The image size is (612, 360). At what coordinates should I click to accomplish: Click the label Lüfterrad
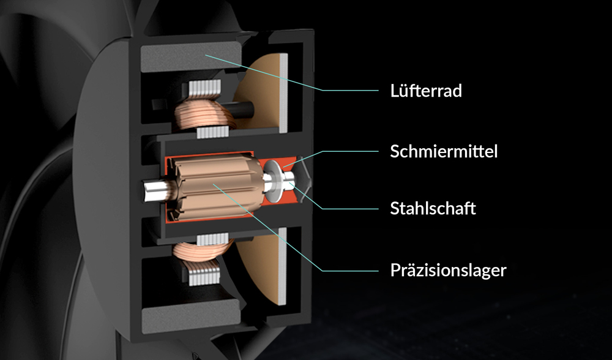point(426,91)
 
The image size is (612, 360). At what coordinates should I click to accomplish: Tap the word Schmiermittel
point(444,151)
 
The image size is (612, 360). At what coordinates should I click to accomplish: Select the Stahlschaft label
point(433,208)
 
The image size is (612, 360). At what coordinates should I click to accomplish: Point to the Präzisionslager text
point(448,270)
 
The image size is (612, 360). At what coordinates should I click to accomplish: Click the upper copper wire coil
point(203,113)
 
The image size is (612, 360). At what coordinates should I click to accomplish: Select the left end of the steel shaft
point(145,191)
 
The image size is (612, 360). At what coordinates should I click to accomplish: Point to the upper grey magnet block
point(190,57)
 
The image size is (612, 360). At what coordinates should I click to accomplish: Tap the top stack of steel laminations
point(204,90)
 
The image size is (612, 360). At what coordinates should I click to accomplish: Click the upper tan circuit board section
point(261,93)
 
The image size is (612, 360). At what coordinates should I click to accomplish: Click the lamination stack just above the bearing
point(212,132)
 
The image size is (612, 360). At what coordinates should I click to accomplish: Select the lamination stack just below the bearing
point(212,239)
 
